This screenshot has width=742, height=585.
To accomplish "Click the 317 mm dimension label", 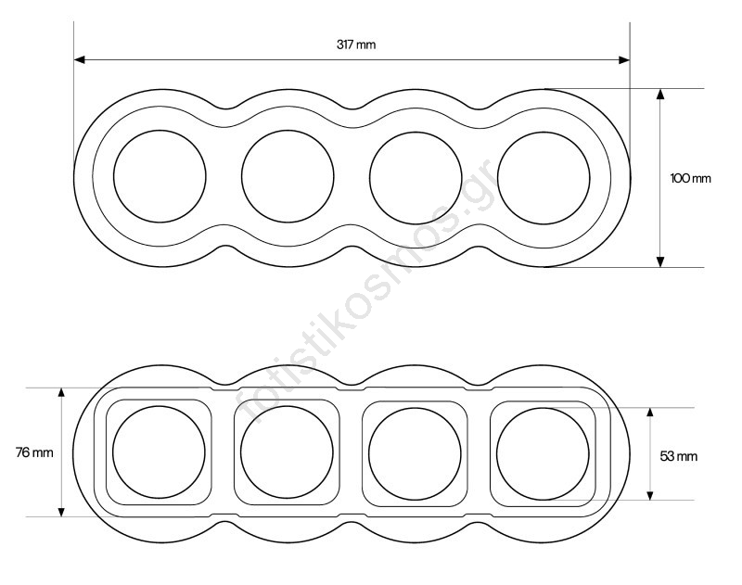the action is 356,45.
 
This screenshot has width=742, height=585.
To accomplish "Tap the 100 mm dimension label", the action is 690,178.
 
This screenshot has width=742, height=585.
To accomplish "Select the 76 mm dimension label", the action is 34,452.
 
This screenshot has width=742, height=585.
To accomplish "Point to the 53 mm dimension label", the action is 679,456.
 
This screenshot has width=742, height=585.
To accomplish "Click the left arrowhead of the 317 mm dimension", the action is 80,59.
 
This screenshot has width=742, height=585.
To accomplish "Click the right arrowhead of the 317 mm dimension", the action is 624,60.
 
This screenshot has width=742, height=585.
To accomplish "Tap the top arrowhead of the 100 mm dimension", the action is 660,95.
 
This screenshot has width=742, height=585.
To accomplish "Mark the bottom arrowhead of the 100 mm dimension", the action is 660,261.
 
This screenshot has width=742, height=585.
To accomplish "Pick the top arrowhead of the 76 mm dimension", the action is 61,393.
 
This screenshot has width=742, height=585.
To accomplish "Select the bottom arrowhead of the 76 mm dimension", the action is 61,511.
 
